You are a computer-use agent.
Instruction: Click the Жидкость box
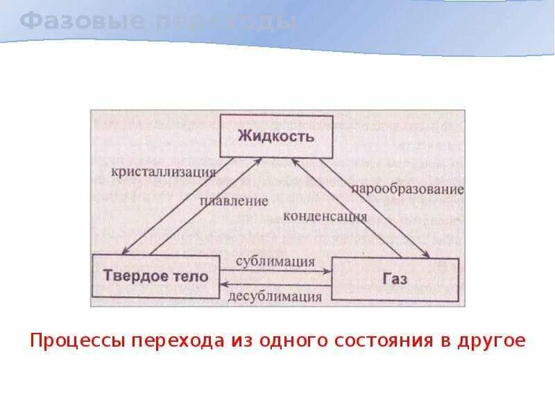coord(276,136)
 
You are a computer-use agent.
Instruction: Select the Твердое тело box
coord(155,276)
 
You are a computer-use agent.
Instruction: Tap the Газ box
coord(395,277)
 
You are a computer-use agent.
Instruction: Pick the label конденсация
coord(325,215)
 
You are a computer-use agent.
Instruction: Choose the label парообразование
coord(407,189)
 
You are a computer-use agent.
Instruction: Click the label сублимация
coord(275,261)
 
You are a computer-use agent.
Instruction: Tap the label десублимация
coord(275,297)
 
